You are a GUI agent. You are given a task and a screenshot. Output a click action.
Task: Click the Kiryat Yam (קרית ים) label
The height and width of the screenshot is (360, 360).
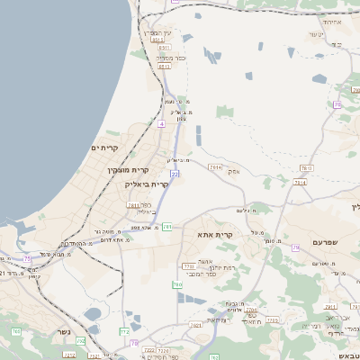pyautogui.click(x=105, y=147)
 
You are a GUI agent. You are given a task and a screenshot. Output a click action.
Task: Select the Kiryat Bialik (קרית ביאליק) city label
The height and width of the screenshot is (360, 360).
pyautogui.click(x=147, y=183)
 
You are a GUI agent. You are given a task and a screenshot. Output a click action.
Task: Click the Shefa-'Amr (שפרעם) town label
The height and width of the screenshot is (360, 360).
pyautogui.click(x=329, y=243)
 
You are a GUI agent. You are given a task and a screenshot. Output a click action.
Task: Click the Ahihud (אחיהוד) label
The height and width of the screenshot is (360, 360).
pyautogui.click(x=333, y=20)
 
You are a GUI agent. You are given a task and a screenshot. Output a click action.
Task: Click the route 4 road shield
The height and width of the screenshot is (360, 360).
pyautogui.click(x=161, y=125)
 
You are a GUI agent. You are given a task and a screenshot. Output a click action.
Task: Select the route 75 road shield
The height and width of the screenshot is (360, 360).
pyautogui.click(x=27, y=259)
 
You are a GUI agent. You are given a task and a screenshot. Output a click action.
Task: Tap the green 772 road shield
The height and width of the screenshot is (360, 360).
pyautogui.click(x=124, y=331)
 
